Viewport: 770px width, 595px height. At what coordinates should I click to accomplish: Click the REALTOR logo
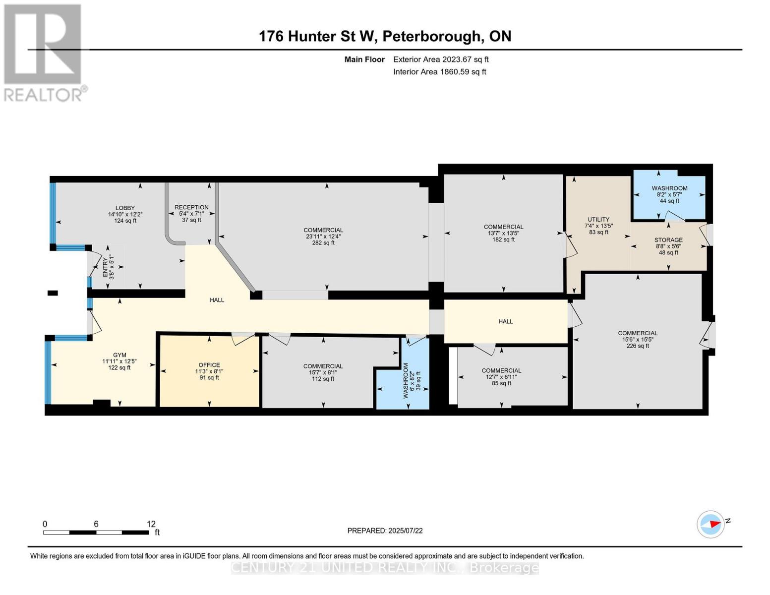pos(44,53)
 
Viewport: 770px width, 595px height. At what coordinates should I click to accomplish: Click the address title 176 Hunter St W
pos(385,36)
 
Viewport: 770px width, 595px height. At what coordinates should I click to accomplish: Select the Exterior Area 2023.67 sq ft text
pos(441,59)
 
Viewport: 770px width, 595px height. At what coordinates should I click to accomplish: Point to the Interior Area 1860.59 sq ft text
pos(439,72)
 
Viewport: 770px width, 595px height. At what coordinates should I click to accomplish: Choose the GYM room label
pos(119,361)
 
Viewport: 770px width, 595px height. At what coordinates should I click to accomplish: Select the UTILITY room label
pos(598,226)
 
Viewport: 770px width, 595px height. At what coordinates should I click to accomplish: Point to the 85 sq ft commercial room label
pos(501,377)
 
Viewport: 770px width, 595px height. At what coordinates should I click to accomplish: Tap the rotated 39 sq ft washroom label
pos(412,381)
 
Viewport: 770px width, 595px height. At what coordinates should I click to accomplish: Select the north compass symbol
pos(711,524)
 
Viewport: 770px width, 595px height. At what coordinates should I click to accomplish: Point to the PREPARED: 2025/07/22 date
pos(385,531)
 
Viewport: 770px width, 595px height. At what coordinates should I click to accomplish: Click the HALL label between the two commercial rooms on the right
pos(505,321)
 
